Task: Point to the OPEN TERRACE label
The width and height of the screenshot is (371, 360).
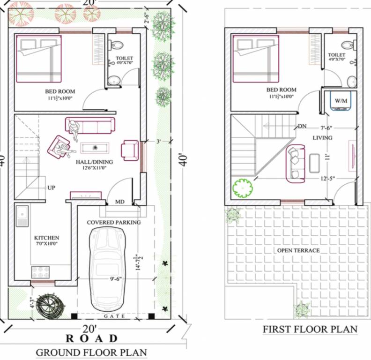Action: (298, 250)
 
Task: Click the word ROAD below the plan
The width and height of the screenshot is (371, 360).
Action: (92, 338)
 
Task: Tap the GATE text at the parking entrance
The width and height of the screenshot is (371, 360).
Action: (114, 316)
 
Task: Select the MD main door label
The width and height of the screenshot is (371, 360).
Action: (120, 202)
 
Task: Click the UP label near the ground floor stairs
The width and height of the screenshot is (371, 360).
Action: (52, 187)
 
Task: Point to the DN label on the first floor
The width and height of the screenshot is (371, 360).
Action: (303, 127)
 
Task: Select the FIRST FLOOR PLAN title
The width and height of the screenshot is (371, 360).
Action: (310, 330)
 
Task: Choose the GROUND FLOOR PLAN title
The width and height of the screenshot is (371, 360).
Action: (91, 352)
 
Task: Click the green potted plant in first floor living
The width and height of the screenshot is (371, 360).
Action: (243, 188)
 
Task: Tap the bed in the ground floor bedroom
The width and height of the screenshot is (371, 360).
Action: (39, 60)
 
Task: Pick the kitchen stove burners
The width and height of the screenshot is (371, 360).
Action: (37, 271)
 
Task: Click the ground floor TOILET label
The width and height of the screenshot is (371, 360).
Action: (125, 59)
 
